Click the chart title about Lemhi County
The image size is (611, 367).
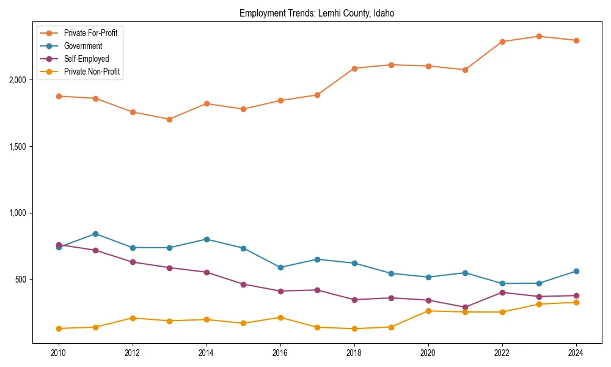point(316,13)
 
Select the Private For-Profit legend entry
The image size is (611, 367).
point(90,33)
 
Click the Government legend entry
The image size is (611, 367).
point(82,46)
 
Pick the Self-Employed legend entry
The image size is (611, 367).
point(86,59)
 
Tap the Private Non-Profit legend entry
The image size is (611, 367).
point(92,72)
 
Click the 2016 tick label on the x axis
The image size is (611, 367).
point(280,353)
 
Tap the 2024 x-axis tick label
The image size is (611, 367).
point(576,353)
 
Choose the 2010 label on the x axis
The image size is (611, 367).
point(59,353)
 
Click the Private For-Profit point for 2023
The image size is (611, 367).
point(539,36)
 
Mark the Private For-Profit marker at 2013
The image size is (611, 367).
point(169,119)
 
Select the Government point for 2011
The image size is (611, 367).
point(96,234)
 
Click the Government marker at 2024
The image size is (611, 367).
point(576,271)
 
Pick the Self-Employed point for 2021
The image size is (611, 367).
point(465,307)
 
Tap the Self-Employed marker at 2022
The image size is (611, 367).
point(502,292)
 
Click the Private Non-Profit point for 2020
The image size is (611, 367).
point(428,311)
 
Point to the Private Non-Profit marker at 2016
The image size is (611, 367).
point(280,317)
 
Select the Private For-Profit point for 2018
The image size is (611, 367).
point(354,68)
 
